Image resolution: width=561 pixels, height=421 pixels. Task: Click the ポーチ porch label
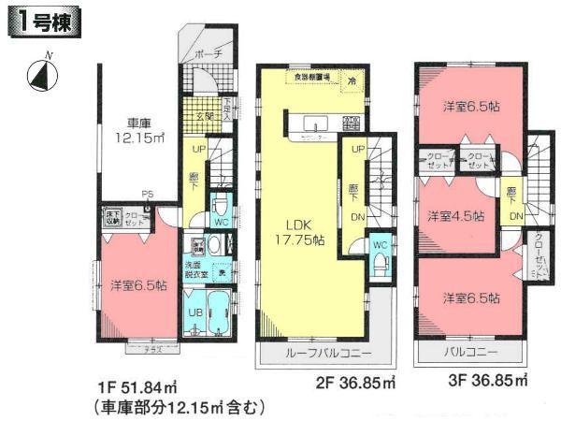[x=208, y=55]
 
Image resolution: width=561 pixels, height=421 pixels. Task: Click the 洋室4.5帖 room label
[x=455, y=216]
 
